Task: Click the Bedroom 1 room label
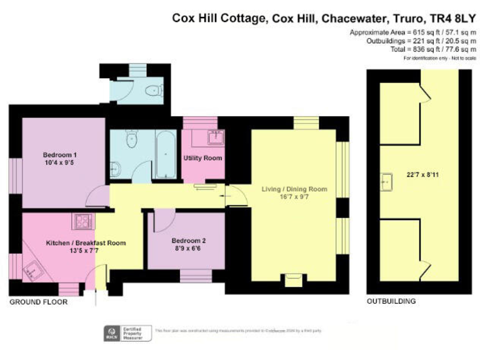pos(59,155)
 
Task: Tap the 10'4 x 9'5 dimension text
pos(59,163)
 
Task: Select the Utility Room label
pos(202,158)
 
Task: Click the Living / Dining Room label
pos(297,189)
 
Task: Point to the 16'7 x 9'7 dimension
pos(297,197)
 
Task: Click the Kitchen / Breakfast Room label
pos(86,243)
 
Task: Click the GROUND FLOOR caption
pos(38,302)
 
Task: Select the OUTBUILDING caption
pos(391,301)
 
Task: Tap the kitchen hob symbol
pos(83,220)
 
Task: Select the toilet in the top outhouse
pos(152,91)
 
